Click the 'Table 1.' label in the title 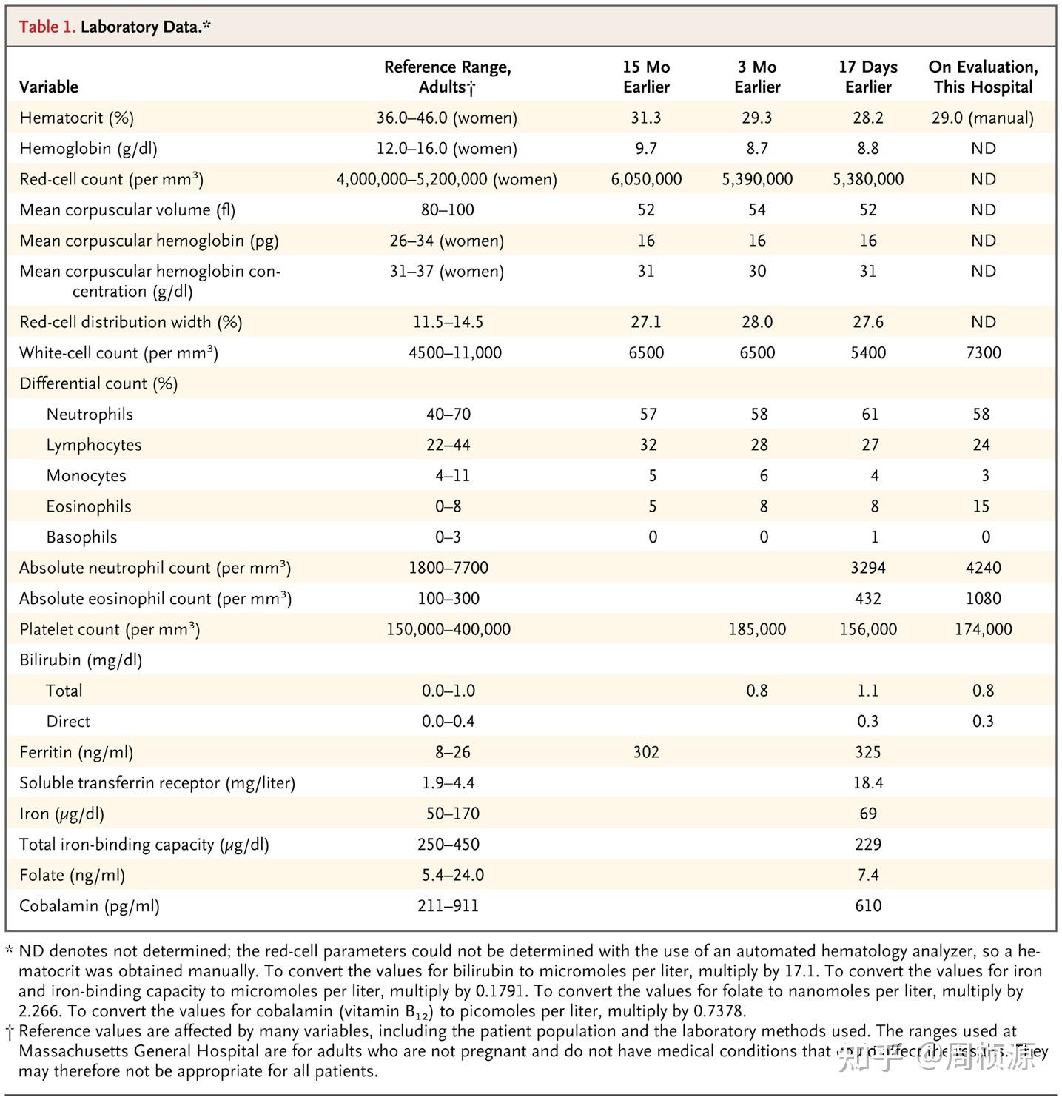47,27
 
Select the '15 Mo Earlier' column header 646,77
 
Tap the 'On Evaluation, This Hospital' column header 983,77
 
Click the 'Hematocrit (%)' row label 76,118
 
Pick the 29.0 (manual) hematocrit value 983,118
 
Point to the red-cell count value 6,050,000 646,179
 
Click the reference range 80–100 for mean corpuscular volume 447,210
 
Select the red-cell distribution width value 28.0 757,322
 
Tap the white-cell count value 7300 983,353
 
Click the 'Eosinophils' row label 89,506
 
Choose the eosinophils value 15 981,506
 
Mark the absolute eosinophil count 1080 983,599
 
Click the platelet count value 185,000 757,629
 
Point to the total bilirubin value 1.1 868,691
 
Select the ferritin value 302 646,752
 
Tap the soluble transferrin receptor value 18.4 868,783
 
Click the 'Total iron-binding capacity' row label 144,845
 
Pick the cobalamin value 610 868,906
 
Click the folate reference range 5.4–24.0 453,875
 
